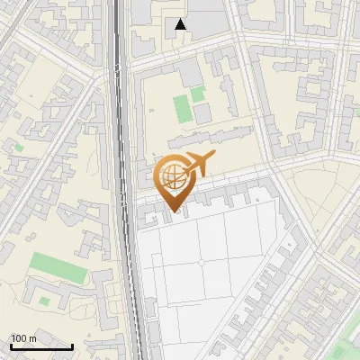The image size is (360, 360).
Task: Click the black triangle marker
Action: (x=181, y=24)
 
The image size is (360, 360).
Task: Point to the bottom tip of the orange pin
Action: (x=172, y=213)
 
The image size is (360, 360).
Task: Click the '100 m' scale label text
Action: (x=22, y=338)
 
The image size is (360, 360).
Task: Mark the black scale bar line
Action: (x=41, y=346)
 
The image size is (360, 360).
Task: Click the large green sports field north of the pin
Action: (x=182, y=108)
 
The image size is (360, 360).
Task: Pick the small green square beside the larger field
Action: (x=198, y=94)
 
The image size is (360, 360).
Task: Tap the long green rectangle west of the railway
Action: (x=56, y=267)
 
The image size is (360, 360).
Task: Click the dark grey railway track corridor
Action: (x=119, y=135)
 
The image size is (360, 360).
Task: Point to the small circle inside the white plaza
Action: (x=202, y=262)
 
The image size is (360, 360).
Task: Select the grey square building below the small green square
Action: (x=202, y=113)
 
